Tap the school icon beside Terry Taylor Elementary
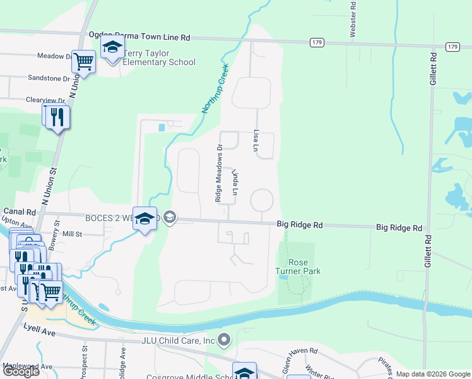[112, 47]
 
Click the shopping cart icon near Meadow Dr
[83, 62]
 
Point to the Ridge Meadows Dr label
[220, 172]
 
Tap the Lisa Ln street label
[256, 141]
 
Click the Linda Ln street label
[236, 182]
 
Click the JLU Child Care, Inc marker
[224, 340]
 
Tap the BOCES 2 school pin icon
[145, 219]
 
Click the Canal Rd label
[18, 212]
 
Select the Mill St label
[72, 234]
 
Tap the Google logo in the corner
[20, 371]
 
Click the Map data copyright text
[432, 374]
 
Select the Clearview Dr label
[45, 100]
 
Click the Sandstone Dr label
[49, 78]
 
